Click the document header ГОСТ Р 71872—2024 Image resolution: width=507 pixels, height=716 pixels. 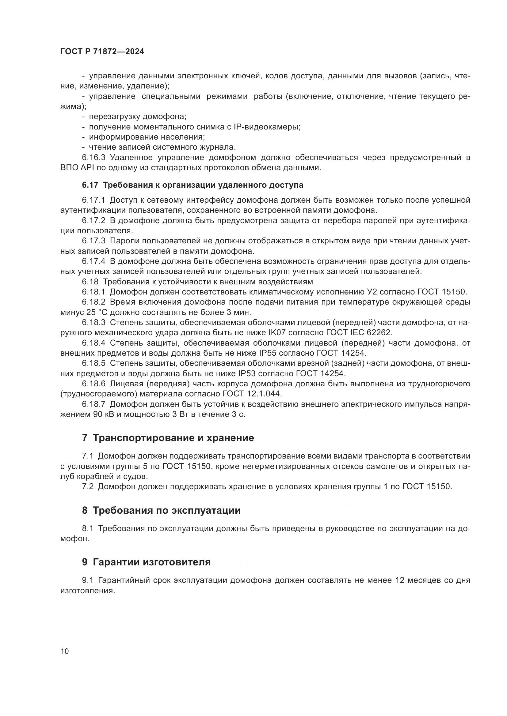pyautogui.click(x=102, y=52)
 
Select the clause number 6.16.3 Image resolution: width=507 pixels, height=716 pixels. pyautogui.click(x=94, y=157)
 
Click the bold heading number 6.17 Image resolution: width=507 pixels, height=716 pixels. pyautogui.click(x=90, y=185)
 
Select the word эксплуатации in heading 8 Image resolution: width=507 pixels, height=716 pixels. pyautogui.click(x=206, y=511)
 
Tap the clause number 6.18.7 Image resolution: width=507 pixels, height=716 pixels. pyautogui.click(x=94, y=404)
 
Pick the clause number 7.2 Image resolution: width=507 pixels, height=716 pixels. pyautogui.click(x=88, y=486)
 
